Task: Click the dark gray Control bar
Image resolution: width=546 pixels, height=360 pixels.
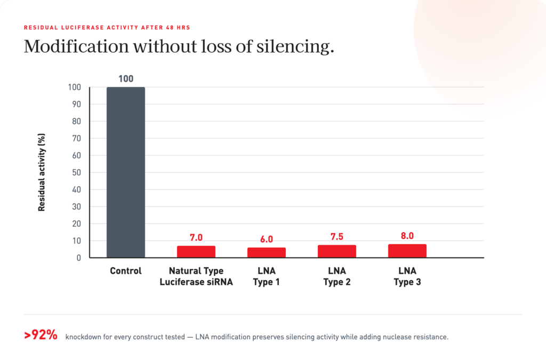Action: click(126, 172)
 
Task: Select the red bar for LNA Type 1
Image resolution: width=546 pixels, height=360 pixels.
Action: click(267, 252)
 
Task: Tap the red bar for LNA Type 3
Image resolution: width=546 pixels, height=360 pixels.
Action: click(407, 251)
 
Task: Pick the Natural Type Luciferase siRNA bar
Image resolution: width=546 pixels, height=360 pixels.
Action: click(196, 252)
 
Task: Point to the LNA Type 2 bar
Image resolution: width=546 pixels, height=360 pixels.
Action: click(337, 251)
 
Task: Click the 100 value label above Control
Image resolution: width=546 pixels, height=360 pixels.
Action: click(126, 79)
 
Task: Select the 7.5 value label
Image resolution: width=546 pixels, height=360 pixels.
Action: click(337, 237)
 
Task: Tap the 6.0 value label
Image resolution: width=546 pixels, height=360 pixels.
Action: click(267, 239)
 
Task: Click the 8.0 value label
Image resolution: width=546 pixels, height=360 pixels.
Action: click(407, 236)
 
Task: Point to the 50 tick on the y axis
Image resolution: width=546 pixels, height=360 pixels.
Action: click(76, 172)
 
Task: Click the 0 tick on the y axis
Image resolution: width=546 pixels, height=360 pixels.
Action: click(79, 258)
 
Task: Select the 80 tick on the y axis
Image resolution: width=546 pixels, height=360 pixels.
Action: click(76, 121)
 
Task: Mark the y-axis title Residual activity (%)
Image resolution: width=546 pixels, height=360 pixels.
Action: click(42, 172)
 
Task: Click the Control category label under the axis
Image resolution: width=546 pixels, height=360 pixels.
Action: click(126, 271)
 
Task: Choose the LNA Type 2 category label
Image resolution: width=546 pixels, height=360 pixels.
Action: click(337, 276)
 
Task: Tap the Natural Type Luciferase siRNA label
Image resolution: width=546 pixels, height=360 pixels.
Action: click(196, 276)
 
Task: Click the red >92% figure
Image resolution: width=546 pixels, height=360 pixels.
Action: click(41, 335)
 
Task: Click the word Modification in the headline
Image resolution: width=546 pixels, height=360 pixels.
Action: click(76, 46)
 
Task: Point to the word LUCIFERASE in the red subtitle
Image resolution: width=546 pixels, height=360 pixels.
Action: click(82, 28)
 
